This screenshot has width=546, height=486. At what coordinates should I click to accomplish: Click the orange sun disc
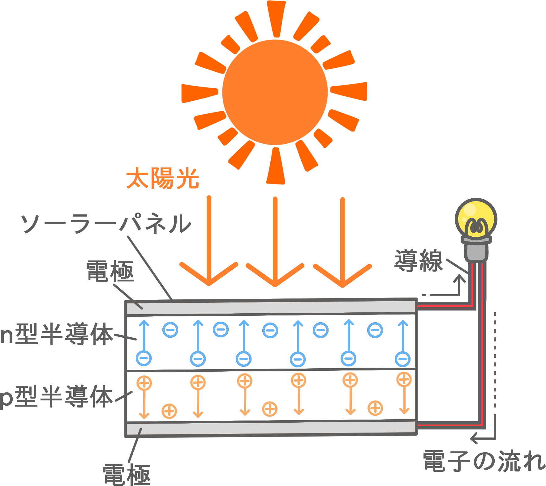[275, 92]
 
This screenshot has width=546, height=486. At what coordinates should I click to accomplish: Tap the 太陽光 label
[162, 178]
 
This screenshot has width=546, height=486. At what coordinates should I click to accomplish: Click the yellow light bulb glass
[476, 218]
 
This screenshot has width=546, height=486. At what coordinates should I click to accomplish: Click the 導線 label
[418, 261]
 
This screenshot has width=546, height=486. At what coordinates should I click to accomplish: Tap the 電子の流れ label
[484, 461]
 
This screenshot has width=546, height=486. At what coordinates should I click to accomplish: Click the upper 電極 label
[110, 271]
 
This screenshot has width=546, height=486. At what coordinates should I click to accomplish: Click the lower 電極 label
[127, 474]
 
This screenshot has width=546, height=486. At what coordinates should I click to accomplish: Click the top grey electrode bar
[271, 307]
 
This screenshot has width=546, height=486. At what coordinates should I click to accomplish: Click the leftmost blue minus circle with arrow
[144, 358]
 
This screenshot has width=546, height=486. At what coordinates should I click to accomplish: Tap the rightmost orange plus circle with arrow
[404, 380]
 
